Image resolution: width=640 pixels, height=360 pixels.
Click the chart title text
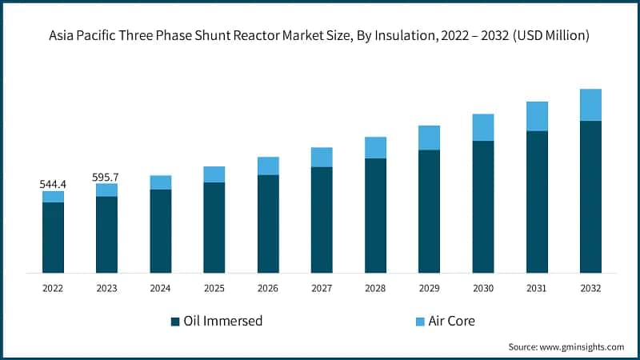pos(320,36)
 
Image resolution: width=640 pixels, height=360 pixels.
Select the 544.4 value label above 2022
pos(53,184)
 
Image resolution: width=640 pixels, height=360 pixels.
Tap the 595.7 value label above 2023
pos(106,176)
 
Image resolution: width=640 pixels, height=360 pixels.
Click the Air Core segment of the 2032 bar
pos(590,105)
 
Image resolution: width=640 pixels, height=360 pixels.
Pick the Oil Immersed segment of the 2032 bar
pos(590,196)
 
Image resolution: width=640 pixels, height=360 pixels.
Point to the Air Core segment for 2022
pos(53,197)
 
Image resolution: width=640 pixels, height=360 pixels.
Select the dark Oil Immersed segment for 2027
pos(322,219)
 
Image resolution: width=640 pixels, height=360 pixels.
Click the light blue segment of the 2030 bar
pos(483,127)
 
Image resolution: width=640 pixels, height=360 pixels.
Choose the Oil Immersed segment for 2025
pos(214,227)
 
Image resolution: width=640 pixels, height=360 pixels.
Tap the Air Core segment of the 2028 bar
pos(375,147)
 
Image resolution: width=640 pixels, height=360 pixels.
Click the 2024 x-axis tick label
pos(160,287)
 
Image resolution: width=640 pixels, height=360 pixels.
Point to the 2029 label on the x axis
pos(429,287)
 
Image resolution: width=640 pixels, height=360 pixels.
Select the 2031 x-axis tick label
pos(537,287)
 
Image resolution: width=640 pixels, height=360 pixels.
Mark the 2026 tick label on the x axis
pos(268,287)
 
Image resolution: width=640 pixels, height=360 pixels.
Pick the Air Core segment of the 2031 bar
pos(537,116)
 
